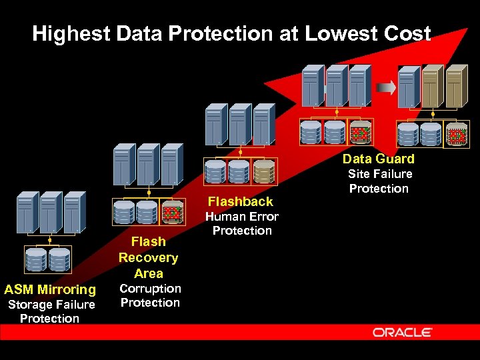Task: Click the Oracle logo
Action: pyautogui.click(x=403, y=332)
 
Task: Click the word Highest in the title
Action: pyautogui.click(x=69, y=33)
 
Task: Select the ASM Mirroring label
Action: pyautogui.click(x=50, y=289)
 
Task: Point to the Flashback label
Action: pyautogui.click(x=240, y=201)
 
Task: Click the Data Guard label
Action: pyautogui.click(x=378, y=159)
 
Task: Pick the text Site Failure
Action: pyautogui.click(x=380, y=174)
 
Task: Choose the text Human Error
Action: pyautogui.click(x=241, y=217)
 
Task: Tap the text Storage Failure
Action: pyautogui.click(x=51, y=305)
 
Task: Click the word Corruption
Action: pyautogui.click(x=150, y=289)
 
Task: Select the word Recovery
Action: pyautogui.click(x=148, y=257)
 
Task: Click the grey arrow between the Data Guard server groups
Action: pyautogui.click(x=385, y=87)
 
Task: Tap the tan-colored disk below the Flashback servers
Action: pyautogui.click(x=264, y=172)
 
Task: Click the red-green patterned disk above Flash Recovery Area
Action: pyautogui.click(x=173, y=213)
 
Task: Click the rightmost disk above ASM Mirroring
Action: pyautogui.click(x=59, y=259)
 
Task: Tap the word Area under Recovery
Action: pyautogui.click(x=148, y=273)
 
